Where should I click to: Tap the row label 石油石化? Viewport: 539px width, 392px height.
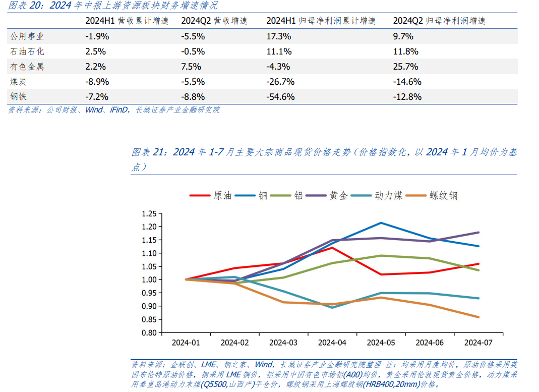point(27,51)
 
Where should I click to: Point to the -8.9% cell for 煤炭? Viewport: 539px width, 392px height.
point(97,82)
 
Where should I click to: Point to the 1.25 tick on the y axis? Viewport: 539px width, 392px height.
point(150,213)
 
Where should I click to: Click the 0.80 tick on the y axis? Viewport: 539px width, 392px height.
point(150,333)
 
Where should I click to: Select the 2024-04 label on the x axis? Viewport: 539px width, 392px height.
point(333,343)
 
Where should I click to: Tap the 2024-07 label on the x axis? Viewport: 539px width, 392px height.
point(478,343)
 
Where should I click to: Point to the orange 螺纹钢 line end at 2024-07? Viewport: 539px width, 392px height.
point(478,317)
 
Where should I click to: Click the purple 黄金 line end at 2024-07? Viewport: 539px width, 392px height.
point(478,233)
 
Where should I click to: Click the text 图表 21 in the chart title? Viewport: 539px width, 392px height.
point(149,152)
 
